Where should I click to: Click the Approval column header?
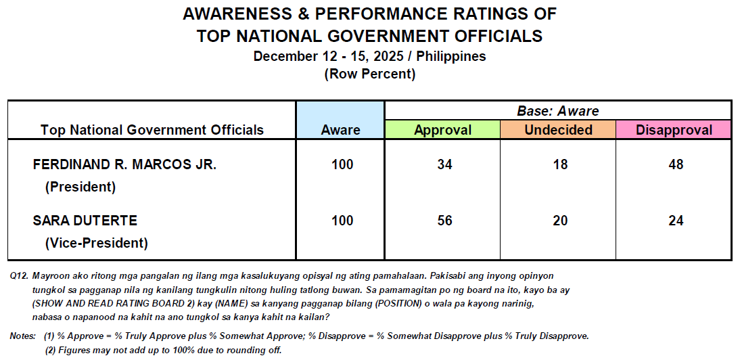click(442, 130)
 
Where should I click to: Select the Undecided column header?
click(558, 130)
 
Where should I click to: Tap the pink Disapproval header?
click(673, 130)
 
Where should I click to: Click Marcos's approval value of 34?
click(444, 164)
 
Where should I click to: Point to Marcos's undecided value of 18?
click(559, 164)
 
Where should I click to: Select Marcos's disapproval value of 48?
click(675, 164)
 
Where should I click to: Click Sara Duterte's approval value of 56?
click(444, 221)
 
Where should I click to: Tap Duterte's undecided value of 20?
click(559, 221)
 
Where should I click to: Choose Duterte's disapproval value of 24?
click(675, 221)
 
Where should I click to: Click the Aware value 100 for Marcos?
click(342, 164)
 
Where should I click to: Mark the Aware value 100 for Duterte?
click(342, 221)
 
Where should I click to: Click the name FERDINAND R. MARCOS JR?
click(124, 164)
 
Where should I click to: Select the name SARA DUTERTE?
click(85, 221)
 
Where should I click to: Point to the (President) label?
click(80, 187)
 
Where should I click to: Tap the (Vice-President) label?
click(96, 243)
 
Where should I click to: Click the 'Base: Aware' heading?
click(558, 111)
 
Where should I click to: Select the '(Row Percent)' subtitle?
click(370, 74)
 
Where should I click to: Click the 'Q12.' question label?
click(20, 277)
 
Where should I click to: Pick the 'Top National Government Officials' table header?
click(152, 130)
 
